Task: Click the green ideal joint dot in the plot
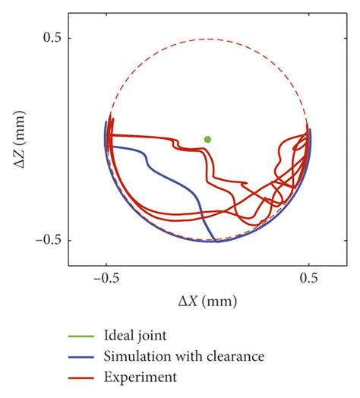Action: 207,139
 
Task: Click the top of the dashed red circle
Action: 207,38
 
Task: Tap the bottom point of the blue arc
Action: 215,242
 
